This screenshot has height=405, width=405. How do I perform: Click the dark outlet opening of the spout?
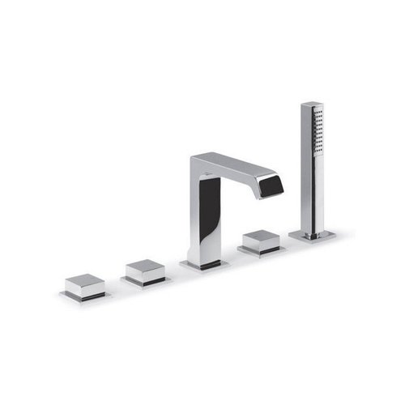tap(270, 189)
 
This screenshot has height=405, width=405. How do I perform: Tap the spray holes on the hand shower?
tap(318, 134)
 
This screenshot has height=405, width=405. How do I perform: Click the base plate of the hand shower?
tap(313, 236)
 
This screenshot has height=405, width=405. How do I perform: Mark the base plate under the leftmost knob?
tap(85, 297)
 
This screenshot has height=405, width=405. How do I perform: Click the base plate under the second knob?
tap(146, 282)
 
